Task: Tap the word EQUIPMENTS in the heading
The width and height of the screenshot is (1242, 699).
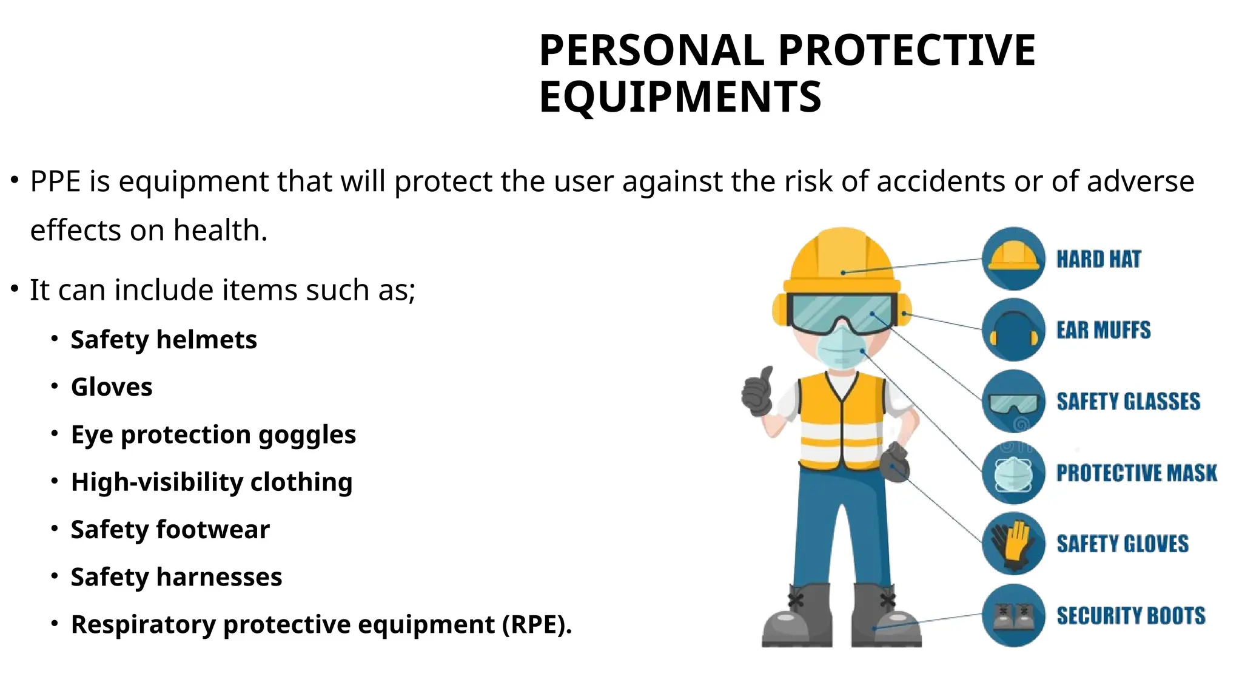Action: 680,97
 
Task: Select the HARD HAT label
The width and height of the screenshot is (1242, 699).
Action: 1098,259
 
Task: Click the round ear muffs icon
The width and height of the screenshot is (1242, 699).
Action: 1013,330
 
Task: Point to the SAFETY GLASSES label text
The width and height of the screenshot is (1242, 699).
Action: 1128,401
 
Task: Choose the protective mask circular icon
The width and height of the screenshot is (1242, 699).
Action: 1013,473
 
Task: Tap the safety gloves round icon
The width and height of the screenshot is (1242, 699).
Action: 1013,544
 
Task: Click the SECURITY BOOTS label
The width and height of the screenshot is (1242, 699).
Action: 1130,615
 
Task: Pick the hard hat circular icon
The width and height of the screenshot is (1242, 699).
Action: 1013,259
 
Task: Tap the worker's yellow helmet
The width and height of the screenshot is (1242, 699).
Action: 842,261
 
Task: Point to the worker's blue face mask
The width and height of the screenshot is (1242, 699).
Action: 841,348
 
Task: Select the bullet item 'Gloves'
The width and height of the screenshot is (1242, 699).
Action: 112,387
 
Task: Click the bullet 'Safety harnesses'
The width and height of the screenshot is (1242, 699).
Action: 176,577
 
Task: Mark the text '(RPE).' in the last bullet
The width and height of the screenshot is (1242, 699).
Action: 537,624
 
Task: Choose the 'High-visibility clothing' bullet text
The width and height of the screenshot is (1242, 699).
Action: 211,482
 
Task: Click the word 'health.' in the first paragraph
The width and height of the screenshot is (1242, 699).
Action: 220,231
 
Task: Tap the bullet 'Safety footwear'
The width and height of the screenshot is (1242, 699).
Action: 170,530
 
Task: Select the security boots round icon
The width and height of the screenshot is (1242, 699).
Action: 1013,615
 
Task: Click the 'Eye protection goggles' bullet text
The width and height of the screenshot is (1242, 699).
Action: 213,434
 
